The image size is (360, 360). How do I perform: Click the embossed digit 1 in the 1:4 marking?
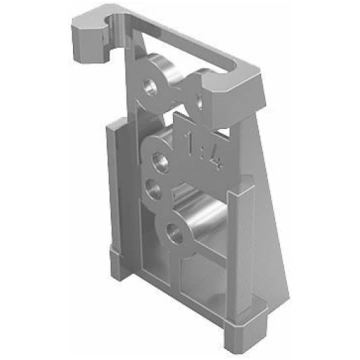(x=191, y=143)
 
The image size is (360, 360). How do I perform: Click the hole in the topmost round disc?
(x=150, y=88)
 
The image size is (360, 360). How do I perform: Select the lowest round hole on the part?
(x=175, y=233)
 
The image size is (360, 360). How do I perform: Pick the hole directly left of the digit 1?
(x=160, y=161)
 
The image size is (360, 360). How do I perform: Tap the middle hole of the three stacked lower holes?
(x=153, y=189)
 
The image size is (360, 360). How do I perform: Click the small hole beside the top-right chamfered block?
(x=199, y=101)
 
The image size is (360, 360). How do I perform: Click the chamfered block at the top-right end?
(x=233, y=98)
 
